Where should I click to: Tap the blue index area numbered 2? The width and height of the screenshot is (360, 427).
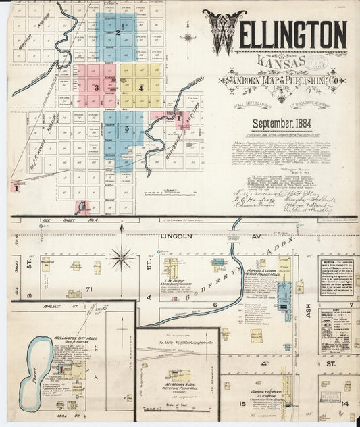pyautogui.click(x=118, y=33)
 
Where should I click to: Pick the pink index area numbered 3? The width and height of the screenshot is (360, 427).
pyautogui.click(x=97, y=86)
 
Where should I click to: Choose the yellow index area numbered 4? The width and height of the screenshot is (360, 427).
pyautogui.click(x=141, y=86)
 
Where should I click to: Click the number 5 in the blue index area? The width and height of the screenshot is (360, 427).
pyautogui.click(x=126, y=127)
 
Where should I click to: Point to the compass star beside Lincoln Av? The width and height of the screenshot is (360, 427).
pyautogui.click(x=122, y=257)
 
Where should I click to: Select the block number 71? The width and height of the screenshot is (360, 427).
pyautogui.click(x=88, y=289)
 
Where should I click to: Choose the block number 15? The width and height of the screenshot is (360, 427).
pyautogui.click(x=241, y=403)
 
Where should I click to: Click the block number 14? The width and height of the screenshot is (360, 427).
pyautogui.click(x=344, y=403)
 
